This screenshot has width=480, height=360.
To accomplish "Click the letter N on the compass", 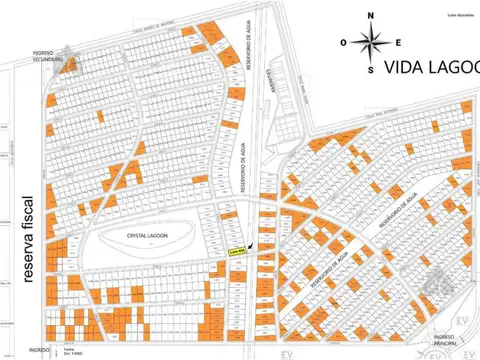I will pyautogui.click(x=371, y=16).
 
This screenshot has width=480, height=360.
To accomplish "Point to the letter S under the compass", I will pyautogui.click(x=371, y=70).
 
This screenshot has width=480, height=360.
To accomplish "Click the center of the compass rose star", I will pyautogui.click(x=371, y=43).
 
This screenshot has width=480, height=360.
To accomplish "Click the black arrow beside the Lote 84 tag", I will pyautogui.click(x=251, y=245).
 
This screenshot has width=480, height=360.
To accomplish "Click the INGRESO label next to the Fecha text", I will pyautogui.click(x=39, y=350).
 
